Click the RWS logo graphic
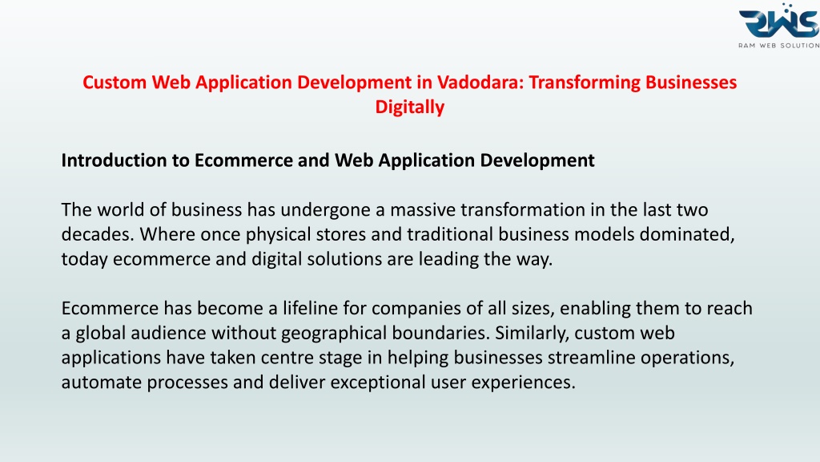pyautogui.click(x=779, y=21)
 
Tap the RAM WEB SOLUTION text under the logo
pyautogui.click(x=779, y=46)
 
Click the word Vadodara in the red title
pyautogui.click(x=480, y=83)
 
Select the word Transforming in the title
pyautogui.click(x=584, y=83)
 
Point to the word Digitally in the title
pyautogui.click(x=409, y=107)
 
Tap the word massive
pyautogui.click(x=423, y=210)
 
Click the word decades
pyautogui.click(x=98, y=234)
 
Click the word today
pyautogui.click(x=84, y=259)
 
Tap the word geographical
pyautogui.click(x=334, y=333)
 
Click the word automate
pyautogui.click(x=102, y=383)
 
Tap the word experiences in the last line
pyautogui.click(x=523, y=383)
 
